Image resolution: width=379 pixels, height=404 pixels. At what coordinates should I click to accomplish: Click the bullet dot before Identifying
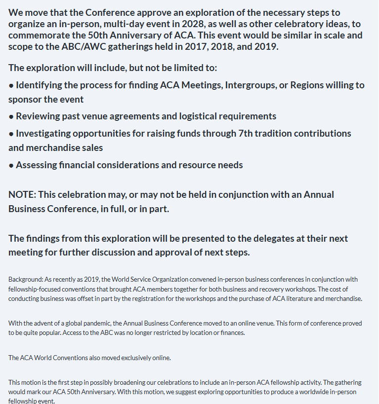[x=11, y=85]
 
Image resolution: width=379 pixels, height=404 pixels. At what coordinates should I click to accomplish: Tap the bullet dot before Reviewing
[x=11, y=117]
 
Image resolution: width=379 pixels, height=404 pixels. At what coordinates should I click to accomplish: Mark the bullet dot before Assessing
[x=11, y=165]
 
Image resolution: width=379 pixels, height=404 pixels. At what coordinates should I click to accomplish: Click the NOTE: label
[x=22, y=194]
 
